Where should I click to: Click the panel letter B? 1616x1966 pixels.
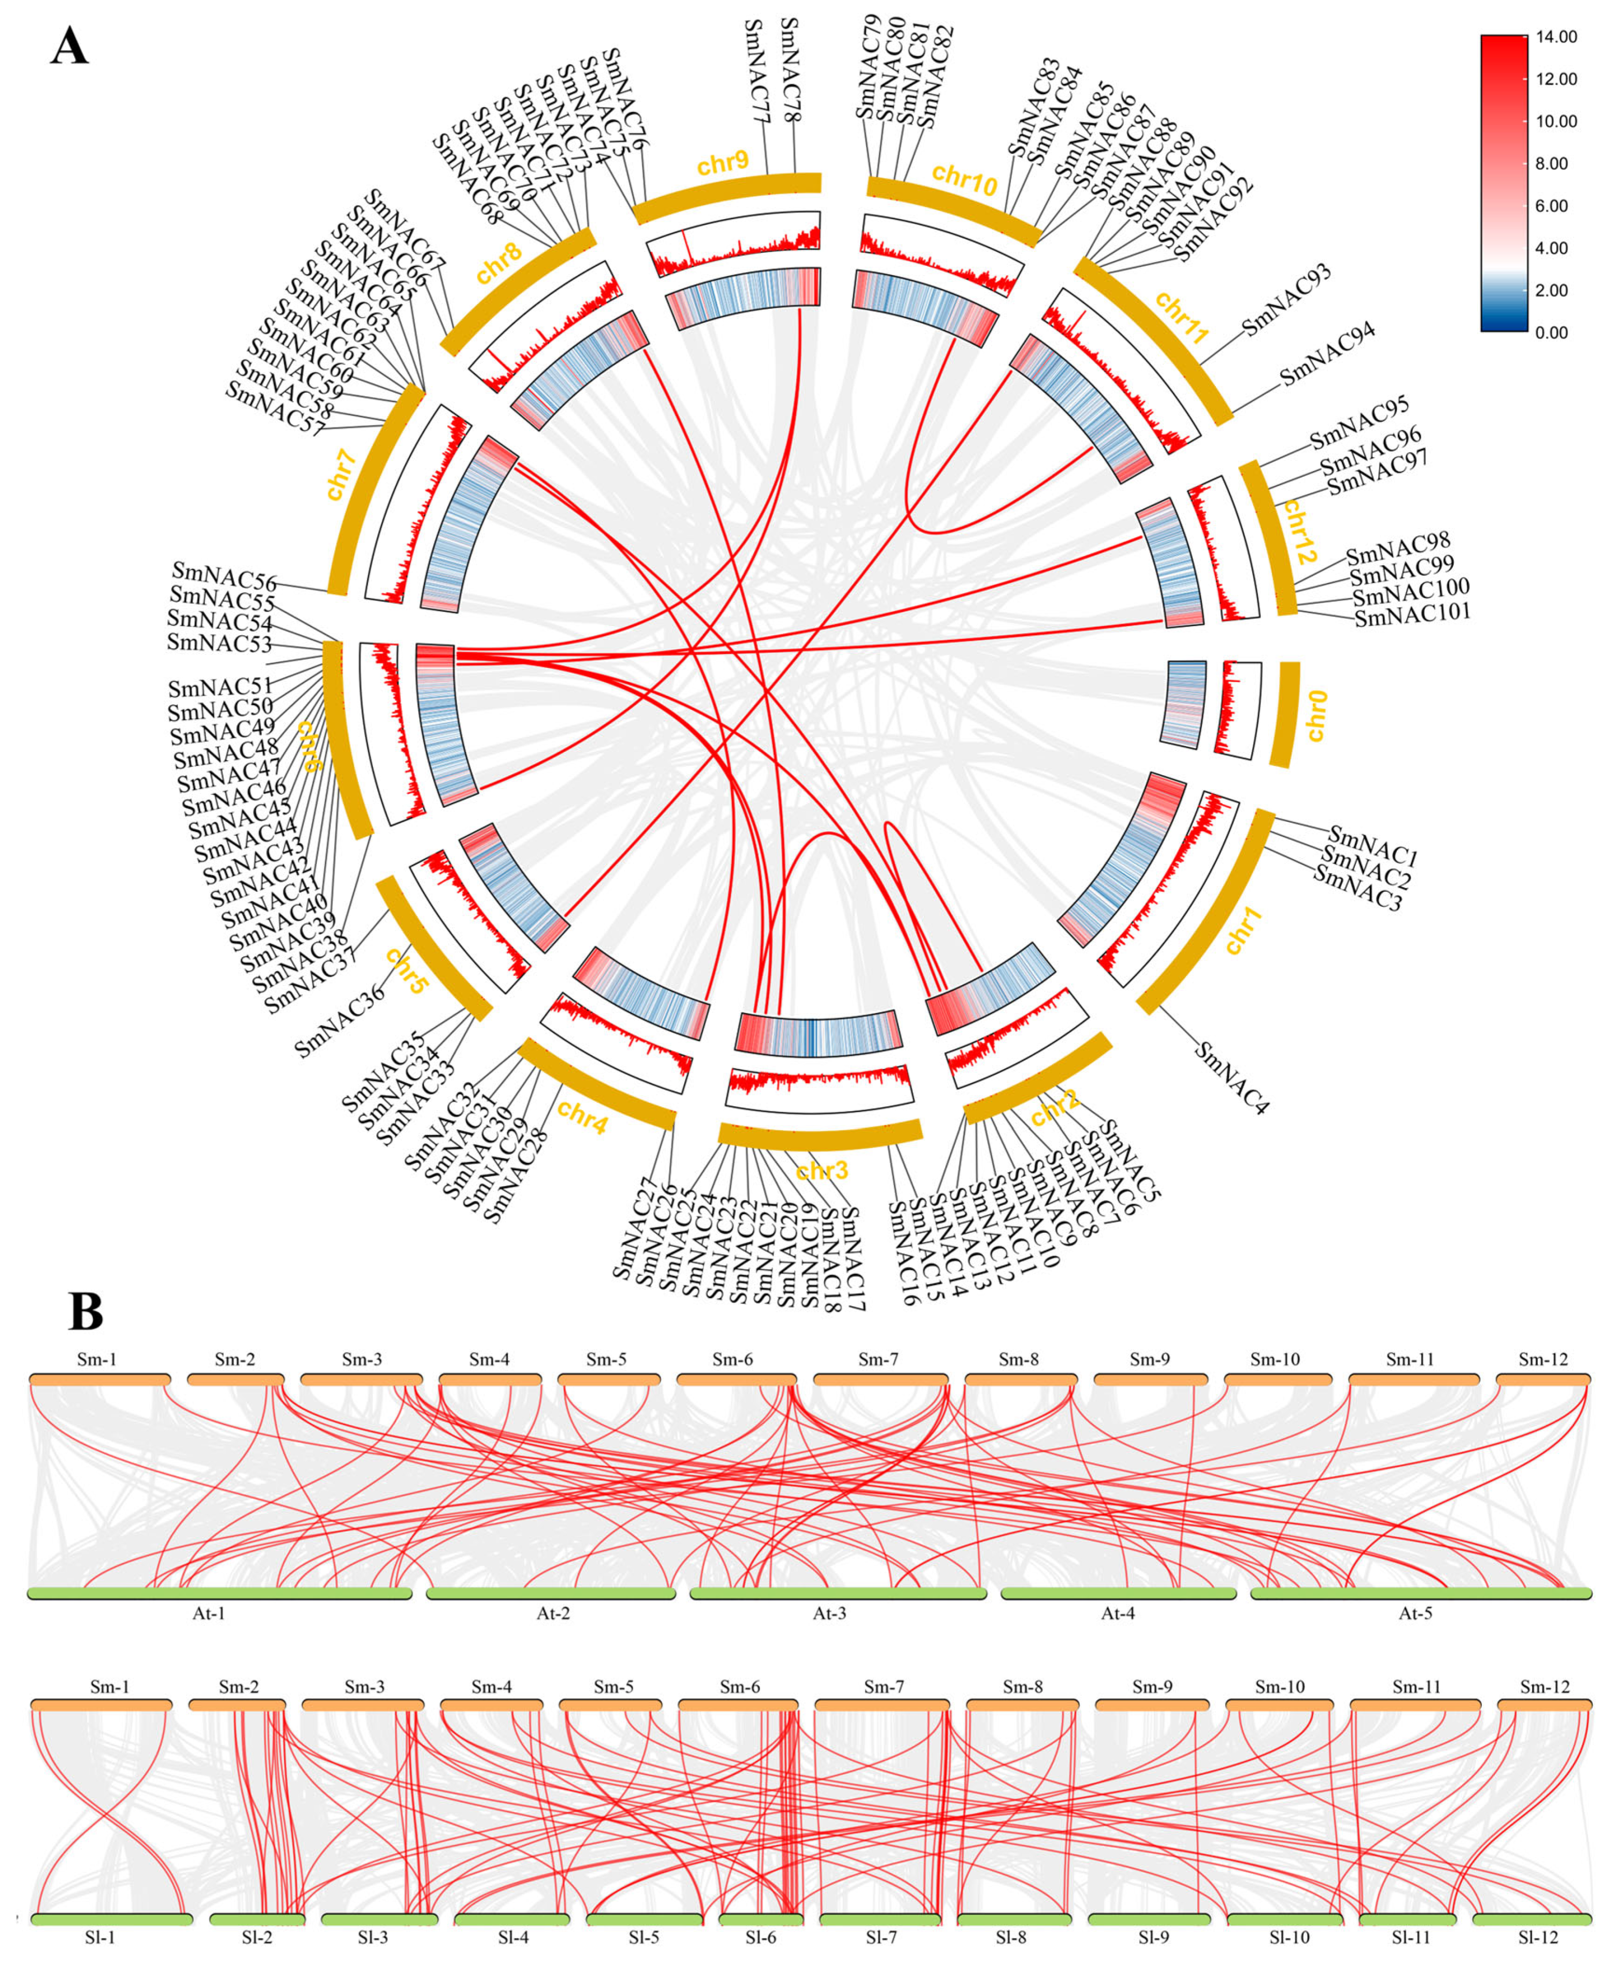click(85, 1313)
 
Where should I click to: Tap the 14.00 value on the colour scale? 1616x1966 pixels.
click(1556, 37)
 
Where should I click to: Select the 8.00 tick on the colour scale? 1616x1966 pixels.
click(1556, 164)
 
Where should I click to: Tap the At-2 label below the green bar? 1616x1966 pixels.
click(553, 1613)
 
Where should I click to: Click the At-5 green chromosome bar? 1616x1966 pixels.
click(1421, 1593)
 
